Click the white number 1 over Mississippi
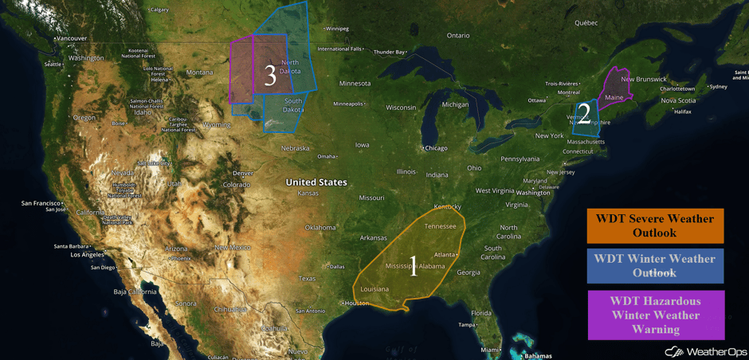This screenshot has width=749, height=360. point(413,265)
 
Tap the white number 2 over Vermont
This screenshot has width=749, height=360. point(584,115)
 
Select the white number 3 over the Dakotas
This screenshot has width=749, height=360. point(270,76)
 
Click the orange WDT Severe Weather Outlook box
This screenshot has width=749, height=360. point(655,225)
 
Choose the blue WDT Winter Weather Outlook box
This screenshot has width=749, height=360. point(655,266)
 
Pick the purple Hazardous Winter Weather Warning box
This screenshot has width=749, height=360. point(655,315)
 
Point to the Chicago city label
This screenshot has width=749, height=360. point(436,148)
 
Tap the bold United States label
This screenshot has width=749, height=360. point(316,182)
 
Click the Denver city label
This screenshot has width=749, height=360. point(243,173)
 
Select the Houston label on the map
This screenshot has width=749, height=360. point(356,303)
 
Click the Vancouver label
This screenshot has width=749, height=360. point(72,38)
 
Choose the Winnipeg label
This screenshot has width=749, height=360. point(337,29)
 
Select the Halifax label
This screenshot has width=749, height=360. point(683,112)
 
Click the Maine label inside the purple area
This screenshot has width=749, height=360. point(614,98)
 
